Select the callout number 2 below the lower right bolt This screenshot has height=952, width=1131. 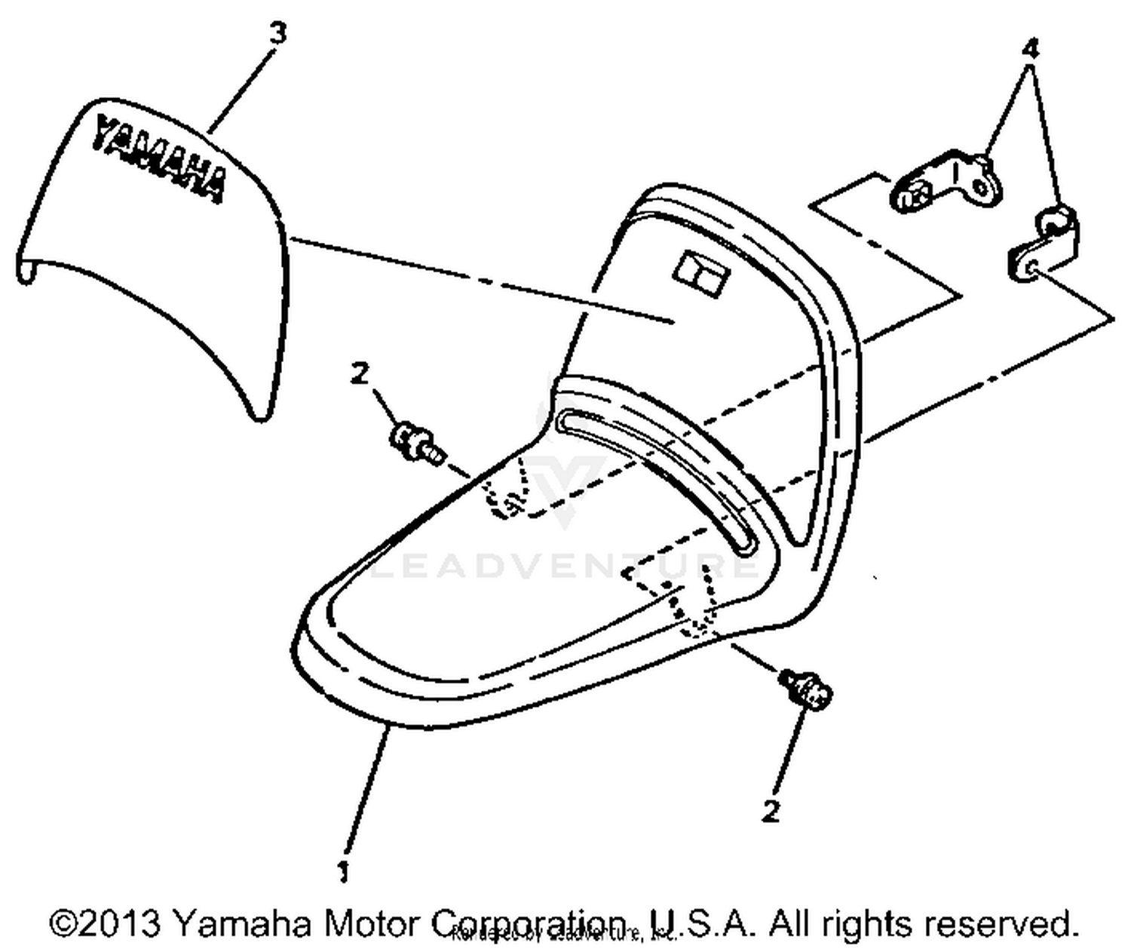pos(770,811)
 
